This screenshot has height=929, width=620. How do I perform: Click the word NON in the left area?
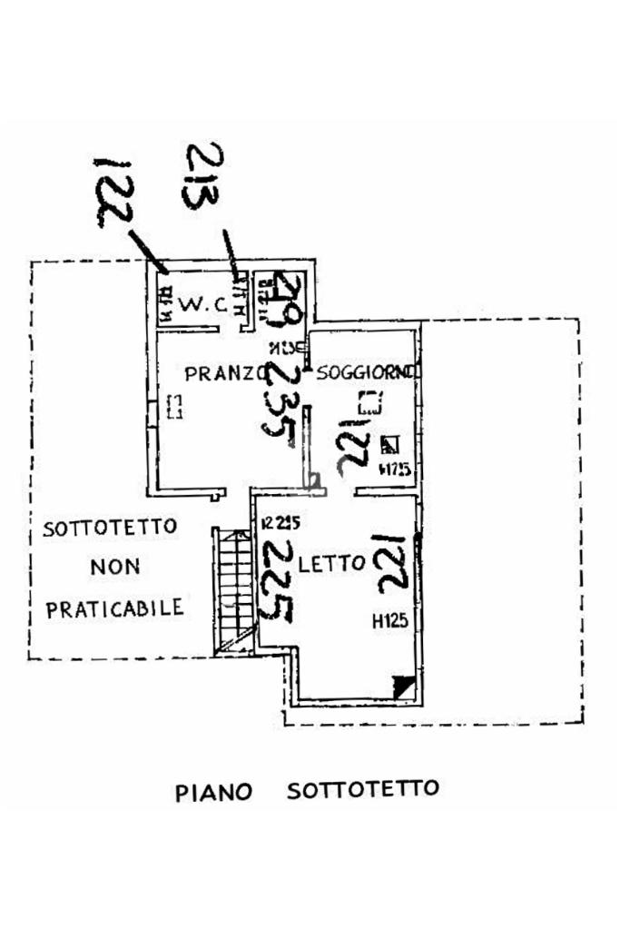(114, 567)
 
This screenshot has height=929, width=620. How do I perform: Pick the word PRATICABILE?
(114, 608)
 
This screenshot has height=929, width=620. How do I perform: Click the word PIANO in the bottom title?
(212, 792)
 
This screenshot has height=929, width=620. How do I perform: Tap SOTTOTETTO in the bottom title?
(362, 789)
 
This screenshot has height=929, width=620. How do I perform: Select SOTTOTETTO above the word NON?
(110, 527)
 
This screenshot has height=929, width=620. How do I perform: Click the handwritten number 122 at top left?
(113, 192)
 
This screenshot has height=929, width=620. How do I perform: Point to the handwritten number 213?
(204, 176)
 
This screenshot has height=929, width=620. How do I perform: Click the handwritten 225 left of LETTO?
(276, 580)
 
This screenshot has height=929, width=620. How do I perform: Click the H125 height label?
(389, 622)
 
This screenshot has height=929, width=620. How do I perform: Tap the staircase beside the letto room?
(231, 590)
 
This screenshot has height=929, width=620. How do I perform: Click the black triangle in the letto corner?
(403, 687)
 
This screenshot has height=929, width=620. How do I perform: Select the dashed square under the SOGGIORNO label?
(369, 401)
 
